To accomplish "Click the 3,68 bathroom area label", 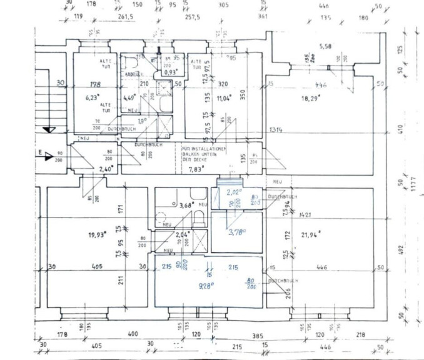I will (x=186, y=205).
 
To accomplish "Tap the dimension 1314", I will (x=275, y=129).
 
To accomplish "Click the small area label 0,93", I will (x=169, y=72).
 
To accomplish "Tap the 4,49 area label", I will (x=129, y=97).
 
